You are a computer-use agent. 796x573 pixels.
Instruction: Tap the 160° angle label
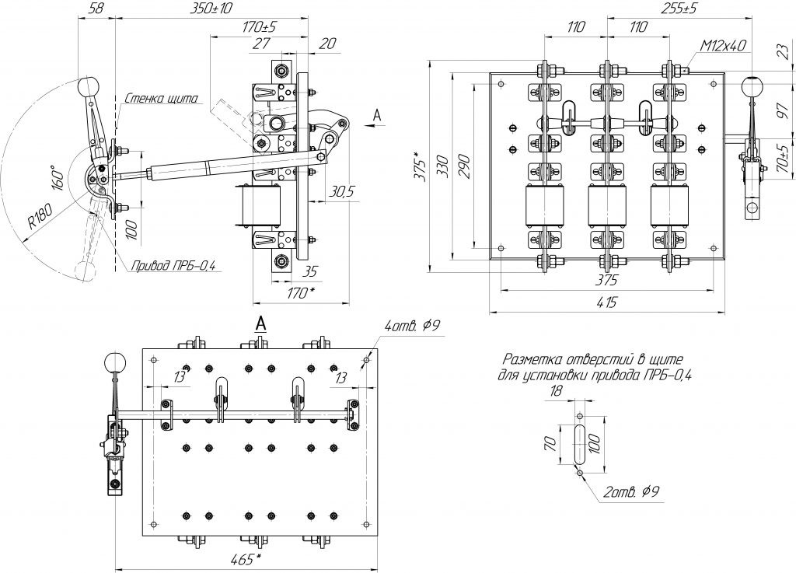pyautogui.click(x=56, y=180)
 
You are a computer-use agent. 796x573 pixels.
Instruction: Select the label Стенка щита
pyautogui.click(x=162, y=99)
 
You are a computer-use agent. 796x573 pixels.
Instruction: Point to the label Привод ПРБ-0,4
pyautogui.click(x=173, y=266)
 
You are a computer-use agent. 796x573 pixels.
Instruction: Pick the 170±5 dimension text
pyautogui.click(x=260, y=27)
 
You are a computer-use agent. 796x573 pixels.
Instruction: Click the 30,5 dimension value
pyautogui.click(x=340, y=189)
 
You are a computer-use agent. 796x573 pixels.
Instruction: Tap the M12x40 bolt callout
pyautogui.click(x=723, y=46)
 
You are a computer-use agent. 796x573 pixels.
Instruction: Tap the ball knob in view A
pyautogui.click(x=115, y=362)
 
